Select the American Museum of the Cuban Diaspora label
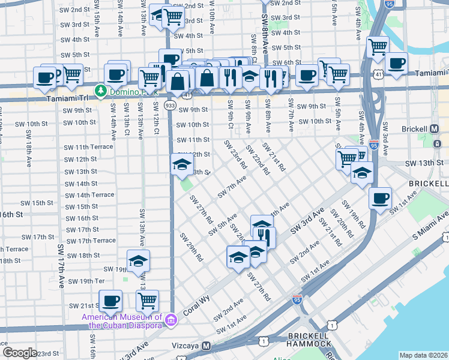[124, 321]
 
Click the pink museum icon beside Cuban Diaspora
[171, 321]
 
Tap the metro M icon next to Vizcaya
[206, 346]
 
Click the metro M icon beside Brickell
[435, 129]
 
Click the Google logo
[20, 353]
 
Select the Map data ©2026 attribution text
[423, 355]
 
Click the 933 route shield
[170, 105]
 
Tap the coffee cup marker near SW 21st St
[110, 300]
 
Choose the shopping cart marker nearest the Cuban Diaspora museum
[147, 300]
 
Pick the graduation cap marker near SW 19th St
[138, 260]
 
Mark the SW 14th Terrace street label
[89, 195]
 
